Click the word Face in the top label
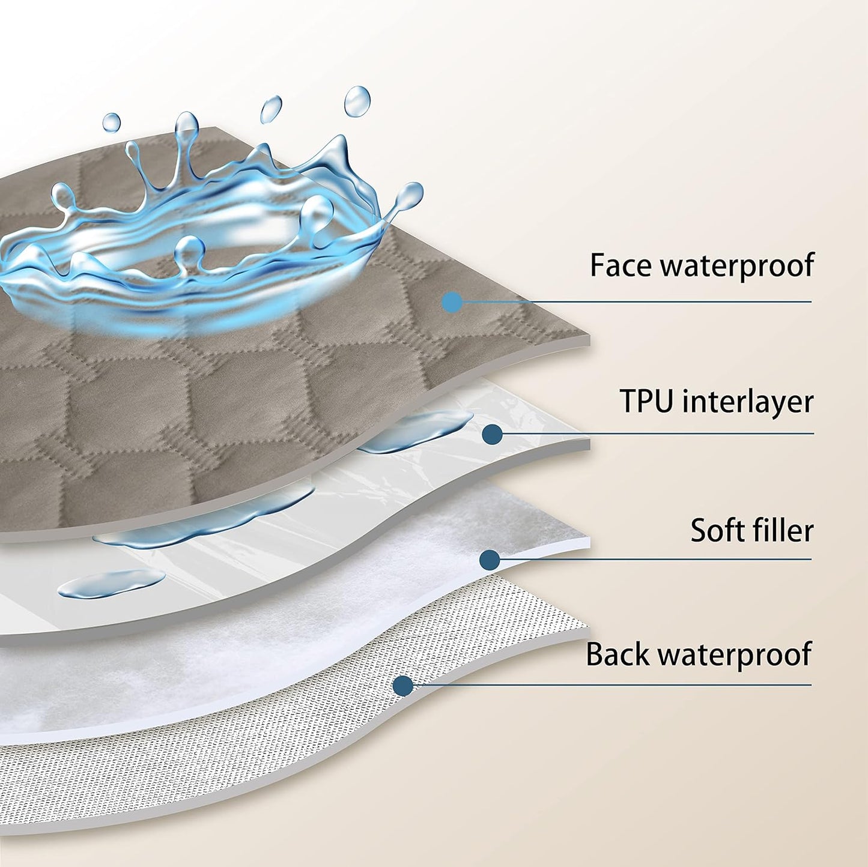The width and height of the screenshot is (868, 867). [x=622, y=265]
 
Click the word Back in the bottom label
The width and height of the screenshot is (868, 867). [x=618, y=655]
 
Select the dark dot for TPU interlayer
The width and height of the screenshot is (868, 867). [x=493, y=434]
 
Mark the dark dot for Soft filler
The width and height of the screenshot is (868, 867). [x=490, y=560]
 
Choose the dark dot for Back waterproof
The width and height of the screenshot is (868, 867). [x=403, y=686]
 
